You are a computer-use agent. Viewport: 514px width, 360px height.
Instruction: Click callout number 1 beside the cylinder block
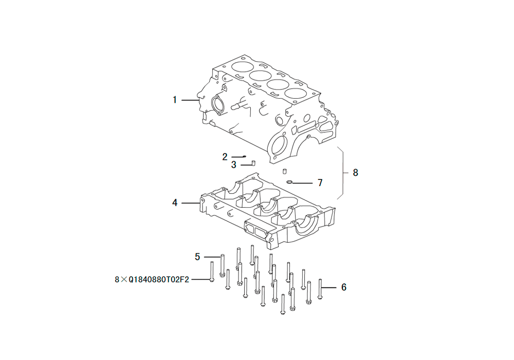click(x=175, y=100)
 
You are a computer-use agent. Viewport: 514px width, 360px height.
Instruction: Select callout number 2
click(x=225, y=157)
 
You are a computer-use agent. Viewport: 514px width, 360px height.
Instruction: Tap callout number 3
click(x=233, y=165)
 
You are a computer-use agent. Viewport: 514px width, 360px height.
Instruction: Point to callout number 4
click(x=175, y=203)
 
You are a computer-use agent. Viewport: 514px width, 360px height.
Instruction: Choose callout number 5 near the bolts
click(x=197, y=257)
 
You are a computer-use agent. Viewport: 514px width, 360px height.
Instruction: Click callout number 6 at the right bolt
click(x=344, y=287)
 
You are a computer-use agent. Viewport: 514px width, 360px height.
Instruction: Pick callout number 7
click(x=320, y=183)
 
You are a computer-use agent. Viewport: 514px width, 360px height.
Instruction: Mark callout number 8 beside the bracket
click(x=356, y=172)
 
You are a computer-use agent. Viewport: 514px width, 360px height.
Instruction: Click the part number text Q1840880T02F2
click(x=159, y=280)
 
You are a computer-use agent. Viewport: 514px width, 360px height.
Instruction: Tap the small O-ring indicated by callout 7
click(x=289, y=182)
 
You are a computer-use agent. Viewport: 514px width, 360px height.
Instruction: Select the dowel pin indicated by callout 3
click(x=253, y=163)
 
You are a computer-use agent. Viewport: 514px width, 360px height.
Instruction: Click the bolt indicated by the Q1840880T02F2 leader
click(x=212, y=272)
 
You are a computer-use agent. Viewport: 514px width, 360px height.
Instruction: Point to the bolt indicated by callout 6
click(x=320, y=289)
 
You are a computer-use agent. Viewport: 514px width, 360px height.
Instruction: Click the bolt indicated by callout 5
click(x=222, y=265)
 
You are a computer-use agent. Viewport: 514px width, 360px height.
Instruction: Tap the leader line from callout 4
click(x=191, y=203)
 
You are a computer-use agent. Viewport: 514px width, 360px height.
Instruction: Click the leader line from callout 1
click(x=190, y=100)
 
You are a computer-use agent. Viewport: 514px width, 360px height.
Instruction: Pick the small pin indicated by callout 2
click(x=244, y=156)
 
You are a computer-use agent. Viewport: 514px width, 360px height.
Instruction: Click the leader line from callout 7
click(x=302, y=183)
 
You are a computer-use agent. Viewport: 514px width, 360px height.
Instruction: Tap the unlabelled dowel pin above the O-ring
click(x=285, y=171)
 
